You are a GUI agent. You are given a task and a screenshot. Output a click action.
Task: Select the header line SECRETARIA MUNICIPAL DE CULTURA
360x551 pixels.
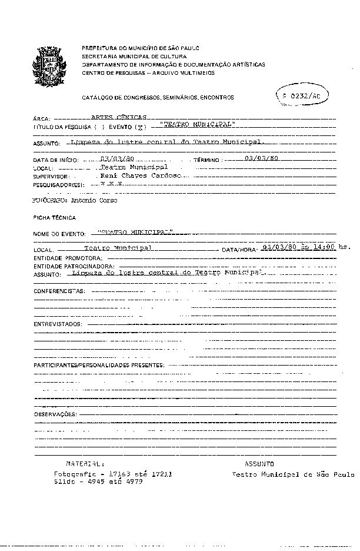124,56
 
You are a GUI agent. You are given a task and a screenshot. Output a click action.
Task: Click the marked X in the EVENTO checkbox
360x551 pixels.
139,127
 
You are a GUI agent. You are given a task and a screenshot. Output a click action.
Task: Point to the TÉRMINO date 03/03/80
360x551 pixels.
261,158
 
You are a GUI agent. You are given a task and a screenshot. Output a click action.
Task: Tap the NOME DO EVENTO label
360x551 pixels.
59,234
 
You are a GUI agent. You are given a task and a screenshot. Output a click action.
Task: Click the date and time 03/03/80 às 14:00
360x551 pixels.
299,247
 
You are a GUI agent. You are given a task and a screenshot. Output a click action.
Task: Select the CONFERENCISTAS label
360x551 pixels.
59,291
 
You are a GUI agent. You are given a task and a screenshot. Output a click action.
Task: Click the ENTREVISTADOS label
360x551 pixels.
57,324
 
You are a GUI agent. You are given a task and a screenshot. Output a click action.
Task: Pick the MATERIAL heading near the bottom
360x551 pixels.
85,464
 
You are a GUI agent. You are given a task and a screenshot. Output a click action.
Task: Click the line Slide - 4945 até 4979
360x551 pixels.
98,481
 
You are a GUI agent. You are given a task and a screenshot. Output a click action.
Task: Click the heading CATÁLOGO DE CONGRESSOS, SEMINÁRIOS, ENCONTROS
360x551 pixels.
158,97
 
